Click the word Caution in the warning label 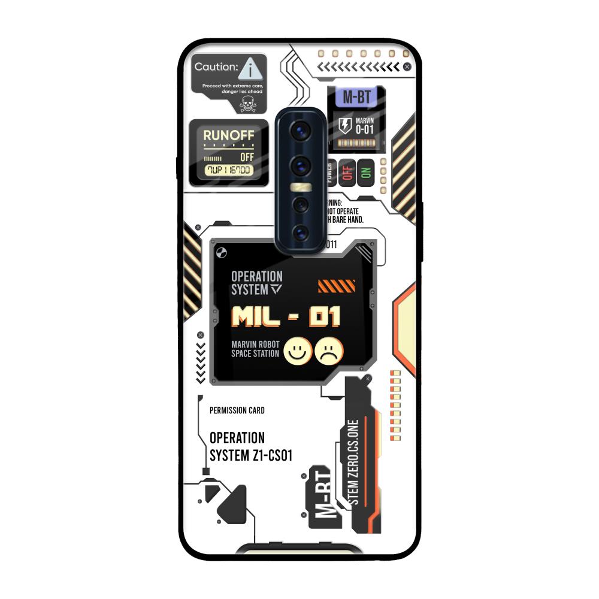coord(216,67)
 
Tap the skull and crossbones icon coord(247,105)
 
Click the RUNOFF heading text coord(229,135)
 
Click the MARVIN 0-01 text coord(365,125)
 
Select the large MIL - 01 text coord(286,317)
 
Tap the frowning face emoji coord(329,351)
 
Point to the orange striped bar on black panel coord(336,286)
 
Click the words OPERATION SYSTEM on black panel coord(256,283)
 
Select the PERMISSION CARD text coord(237,410)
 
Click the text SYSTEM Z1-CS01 coord(251,455)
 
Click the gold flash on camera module coord(299,187)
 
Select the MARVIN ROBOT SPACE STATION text coord(255,349)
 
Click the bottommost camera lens coord(299,232)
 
